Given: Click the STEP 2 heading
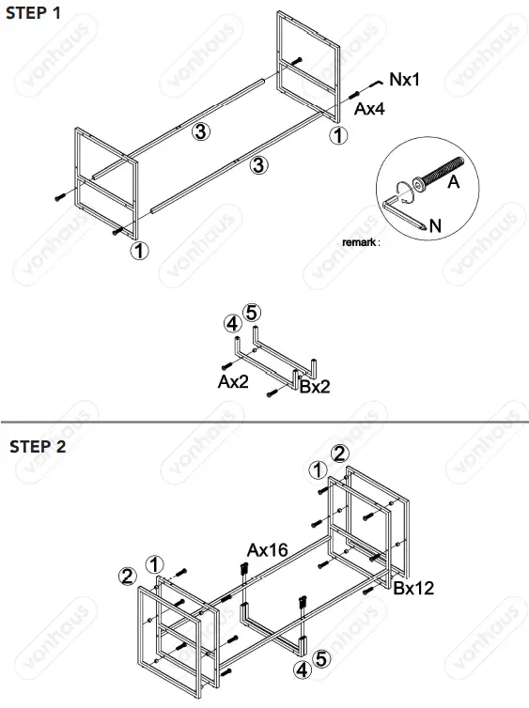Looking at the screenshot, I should (38, 446).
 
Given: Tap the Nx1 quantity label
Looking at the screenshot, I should (404, 80).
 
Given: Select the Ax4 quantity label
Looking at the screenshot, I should (371, 109).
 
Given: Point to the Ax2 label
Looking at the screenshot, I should (232, 381).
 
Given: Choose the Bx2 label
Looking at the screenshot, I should (315, 385).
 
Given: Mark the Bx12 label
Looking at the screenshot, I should (414, 589).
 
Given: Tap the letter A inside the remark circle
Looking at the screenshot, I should (453, 183).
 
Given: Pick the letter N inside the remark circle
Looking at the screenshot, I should (434, 224).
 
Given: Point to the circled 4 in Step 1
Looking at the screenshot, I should (231, 324).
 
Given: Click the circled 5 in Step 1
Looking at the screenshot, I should (251, 312).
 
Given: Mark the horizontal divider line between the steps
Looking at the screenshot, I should (264, 423).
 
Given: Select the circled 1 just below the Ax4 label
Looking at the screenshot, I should (337, 135).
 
